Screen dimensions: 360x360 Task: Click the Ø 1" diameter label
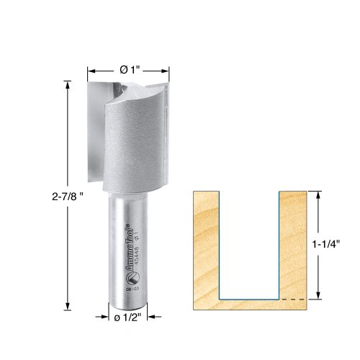pos(129,70)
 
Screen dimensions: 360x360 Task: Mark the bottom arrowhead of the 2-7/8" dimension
pos(68,304)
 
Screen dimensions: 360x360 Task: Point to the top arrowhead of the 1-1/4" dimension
pos(317,194)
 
